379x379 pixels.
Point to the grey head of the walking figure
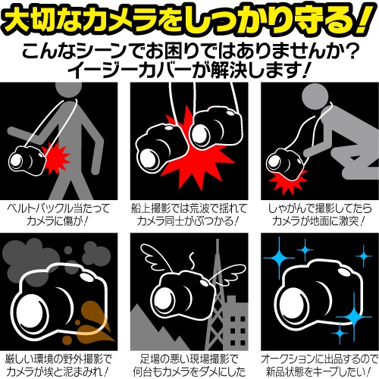[x=68, y=87]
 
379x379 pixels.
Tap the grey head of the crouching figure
[x=315, y=96]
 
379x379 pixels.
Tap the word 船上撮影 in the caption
[x=153, y=209]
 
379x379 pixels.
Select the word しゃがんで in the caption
[x=288, y=209]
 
